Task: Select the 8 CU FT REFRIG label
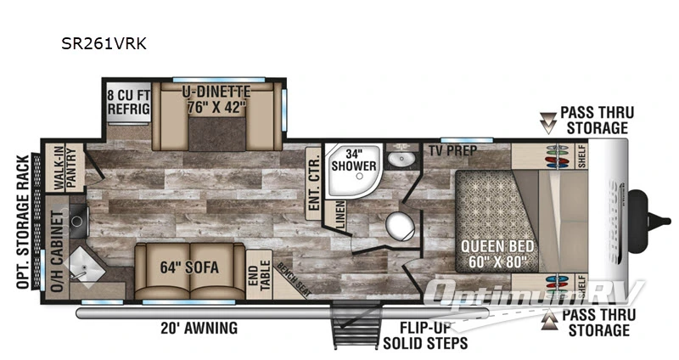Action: (x=128, y=101)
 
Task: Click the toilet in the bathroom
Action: (x=400, y=227)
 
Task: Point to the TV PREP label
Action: (x=452, y=150)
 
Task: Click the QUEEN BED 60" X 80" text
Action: (x=497, y=253)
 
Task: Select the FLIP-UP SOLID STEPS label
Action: (x=425, y=336)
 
